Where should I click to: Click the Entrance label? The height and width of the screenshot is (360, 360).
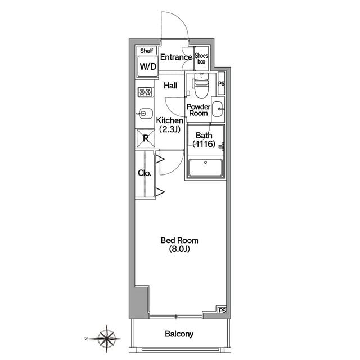176,57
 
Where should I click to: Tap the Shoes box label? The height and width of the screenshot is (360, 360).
201,58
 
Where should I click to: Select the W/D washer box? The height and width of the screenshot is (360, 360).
148,66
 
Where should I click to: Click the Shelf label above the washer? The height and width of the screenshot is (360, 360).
147,51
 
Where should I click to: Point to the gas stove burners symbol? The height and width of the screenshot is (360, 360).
146,92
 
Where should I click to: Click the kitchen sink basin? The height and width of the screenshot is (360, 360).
145,114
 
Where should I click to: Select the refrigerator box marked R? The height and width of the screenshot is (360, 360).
146,138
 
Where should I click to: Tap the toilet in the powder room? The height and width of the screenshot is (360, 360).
201,85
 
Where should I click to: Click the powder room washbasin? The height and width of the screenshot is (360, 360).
218,109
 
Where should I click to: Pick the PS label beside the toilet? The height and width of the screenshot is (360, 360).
221,84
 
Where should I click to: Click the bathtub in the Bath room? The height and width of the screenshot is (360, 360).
205,168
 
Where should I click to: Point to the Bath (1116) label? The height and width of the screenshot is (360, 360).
204,139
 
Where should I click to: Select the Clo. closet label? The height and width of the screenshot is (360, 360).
145,173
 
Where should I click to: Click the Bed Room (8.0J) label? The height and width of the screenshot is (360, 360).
179,245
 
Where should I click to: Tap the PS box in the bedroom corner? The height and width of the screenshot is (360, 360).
222,310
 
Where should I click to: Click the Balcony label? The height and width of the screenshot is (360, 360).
179,334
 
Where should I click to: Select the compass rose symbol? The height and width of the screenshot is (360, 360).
106,339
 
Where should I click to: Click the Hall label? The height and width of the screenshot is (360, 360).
170,85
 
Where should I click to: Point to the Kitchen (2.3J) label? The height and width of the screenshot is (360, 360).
170,125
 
